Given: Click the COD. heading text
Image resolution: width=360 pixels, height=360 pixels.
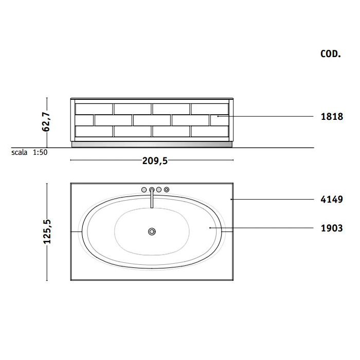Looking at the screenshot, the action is coord(331,54).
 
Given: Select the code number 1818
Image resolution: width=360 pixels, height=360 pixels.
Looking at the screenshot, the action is coord(332,117).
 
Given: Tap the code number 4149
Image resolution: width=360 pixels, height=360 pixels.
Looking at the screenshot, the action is coord(332,200).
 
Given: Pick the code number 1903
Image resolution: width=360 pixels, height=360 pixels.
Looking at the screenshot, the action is coord(332,228).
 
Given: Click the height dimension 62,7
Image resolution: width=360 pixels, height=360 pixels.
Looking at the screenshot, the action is coord(46,122).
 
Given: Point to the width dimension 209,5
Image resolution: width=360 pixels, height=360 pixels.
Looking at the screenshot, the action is coord(155,160).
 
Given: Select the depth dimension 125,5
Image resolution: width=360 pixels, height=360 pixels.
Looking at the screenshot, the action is coord(47,231).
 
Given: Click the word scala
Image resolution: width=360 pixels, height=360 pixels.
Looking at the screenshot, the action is coord(20,152).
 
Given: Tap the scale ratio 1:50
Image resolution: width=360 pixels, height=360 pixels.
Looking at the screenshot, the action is coord(40,152).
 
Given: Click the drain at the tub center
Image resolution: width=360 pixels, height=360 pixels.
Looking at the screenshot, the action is coord(152,231).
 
